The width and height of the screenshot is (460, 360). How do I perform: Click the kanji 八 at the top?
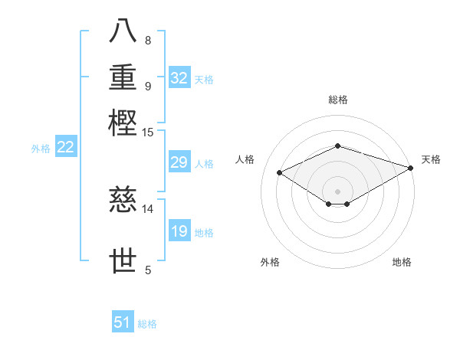pyautogui.click(x=123, y=31)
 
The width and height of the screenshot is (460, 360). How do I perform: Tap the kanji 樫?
pyautogui.click(x=123, y=123)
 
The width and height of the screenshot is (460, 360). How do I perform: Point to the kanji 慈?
pyautogui.click(x=123, y=201)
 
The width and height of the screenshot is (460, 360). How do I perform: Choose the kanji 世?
pyautogui.click(x=123, y=261)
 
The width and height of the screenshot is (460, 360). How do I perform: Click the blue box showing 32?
pyautogui.click(x=179, y=78)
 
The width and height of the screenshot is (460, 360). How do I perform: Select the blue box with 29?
pyautogui.click(x=179, y=162)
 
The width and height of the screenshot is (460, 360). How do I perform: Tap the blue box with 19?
pyautogui.click(x=179, y=231)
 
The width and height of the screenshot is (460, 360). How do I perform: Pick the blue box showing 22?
pyautogui.click(x=65, y=148)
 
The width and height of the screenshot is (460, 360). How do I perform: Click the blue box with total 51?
pyautogui.click(x=123, y=322)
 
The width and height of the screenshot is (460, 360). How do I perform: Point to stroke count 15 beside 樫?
pyautogui.click(x=147, y=133)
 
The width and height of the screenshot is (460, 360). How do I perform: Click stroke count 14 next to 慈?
pyautogui.click(x=147, y=208)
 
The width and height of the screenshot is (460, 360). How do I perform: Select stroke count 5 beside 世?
pyautogui.click(x=148, y=269)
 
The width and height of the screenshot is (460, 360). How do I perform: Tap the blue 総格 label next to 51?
pyautogui.click(x=147, y=324)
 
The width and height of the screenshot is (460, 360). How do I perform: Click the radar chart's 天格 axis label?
pyautogui.click(x=431, y=159)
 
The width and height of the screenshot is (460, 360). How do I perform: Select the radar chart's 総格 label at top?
pyautogui.click(x=337, y=100)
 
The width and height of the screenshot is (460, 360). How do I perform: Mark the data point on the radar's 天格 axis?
pyautogui.click(x=411, y=168)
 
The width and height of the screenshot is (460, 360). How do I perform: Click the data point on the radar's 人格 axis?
pyautogui.click(x=279, y=173)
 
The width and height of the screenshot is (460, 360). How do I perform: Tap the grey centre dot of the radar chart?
pyautogui.click(x=337, y=191)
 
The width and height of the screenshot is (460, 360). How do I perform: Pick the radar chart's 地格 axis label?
pyautogui.click(x=402, y=262)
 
